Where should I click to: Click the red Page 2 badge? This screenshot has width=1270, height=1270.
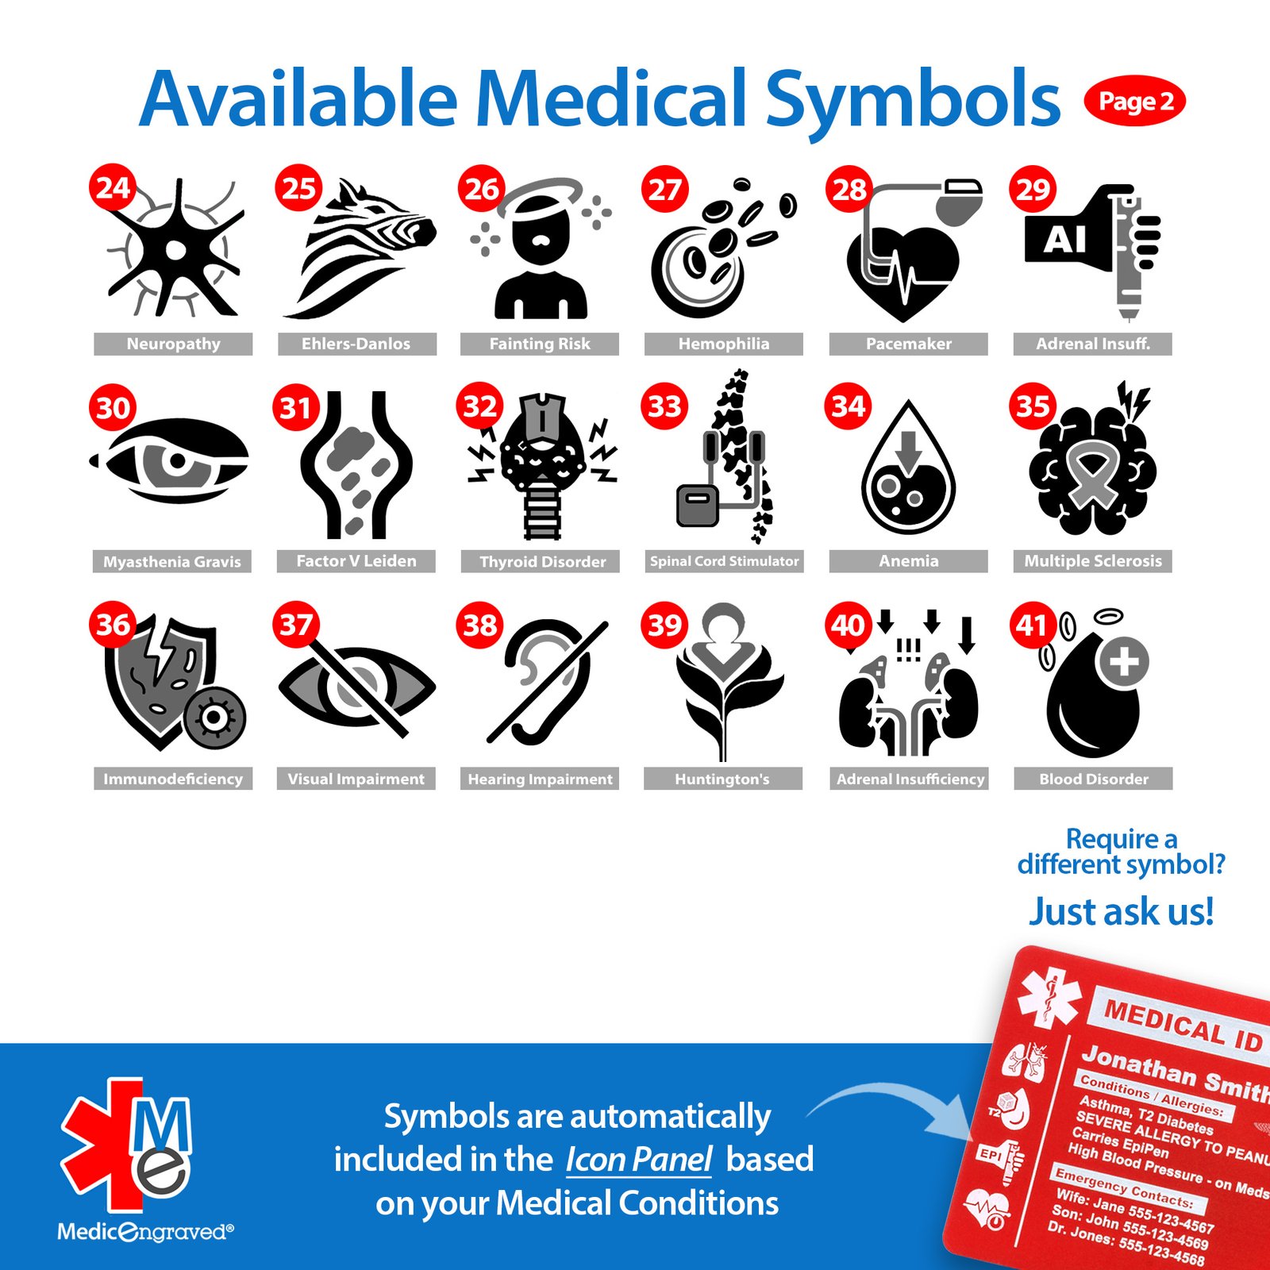point(1134,102)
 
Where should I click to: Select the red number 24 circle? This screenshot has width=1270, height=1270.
point(112,187)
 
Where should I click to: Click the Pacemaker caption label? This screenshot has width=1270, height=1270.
point(908,344)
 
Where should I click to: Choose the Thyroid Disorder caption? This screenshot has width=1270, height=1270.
point(542,561)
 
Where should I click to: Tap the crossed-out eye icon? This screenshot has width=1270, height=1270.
point(356,687)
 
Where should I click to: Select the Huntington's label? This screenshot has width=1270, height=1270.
point(722,779)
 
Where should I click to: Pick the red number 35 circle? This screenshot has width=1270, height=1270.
point(1032,406)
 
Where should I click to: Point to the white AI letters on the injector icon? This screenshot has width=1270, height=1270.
point(1064,239)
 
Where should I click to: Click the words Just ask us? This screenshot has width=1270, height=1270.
point(1121,911)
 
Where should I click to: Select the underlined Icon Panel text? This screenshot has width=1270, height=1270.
point(639,1160)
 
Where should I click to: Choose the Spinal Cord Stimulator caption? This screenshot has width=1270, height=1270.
point(724,561)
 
